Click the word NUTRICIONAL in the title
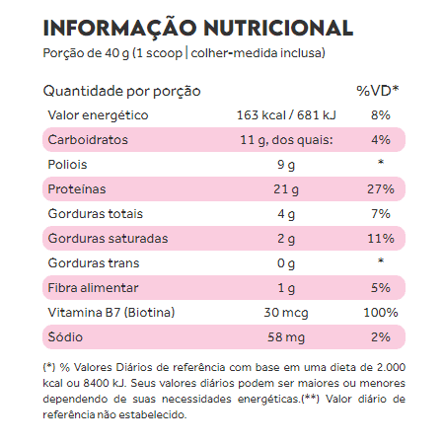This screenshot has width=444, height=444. coord(278,28)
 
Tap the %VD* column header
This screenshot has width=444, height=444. coord(378,91)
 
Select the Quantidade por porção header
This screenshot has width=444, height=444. coord(121,91)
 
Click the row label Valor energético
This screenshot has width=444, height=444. coord(98,115)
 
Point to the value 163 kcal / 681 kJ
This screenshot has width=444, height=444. coord(286,115)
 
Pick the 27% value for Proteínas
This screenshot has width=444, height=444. coord(381,189)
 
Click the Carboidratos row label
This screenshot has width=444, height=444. coord(88,140)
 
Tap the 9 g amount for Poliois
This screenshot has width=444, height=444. coord(286,165)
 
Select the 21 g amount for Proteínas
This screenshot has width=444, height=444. coord(286,189)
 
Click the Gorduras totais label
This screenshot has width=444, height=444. coord(96,214)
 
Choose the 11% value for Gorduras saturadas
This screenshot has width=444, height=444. coord(381,239)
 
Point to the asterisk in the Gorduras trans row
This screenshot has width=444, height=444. coord(381,260)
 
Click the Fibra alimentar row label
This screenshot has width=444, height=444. coord(93,288)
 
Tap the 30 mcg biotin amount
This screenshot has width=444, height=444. coord(286,313)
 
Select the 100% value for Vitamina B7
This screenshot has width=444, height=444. coord(381,313)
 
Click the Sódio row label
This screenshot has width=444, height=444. coord(65,336)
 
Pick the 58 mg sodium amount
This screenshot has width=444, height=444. coord(286,337)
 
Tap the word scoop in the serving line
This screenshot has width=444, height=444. coord(164,53)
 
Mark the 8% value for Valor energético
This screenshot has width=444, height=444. coord(381,115)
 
